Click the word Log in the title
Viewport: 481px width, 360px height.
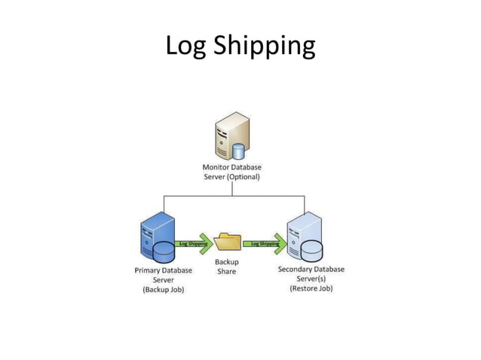(186, 47)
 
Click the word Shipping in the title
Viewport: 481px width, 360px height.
(263, 47)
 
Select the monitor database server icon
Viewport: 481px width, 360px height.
(231, 135)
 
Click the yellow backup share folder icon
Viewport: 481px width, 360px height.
(227, 242)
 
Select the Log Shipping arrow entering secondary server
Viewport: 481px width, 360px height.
(266, 243)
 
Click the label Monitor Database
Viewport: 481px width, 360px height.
(232, 166)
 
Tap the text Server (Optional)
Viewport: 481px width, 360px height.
(232, 177)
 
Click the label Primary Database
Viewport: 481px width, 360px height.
(163, 270)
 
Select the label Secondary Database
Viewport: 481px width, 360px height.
(311, 269)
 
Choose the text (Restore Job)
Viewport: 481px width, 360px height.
(311, 288)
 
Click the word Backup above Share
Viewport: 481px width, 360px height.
(227, 261)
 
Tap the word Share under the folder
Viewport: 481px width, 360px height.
(227, 271)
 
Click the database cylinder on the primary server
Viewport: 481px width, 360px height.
(164, 252)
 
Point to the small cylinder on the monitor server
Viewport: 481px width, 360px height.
(239, 151)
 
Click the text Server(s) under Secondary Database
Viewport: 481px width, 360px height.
(311, 279)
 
